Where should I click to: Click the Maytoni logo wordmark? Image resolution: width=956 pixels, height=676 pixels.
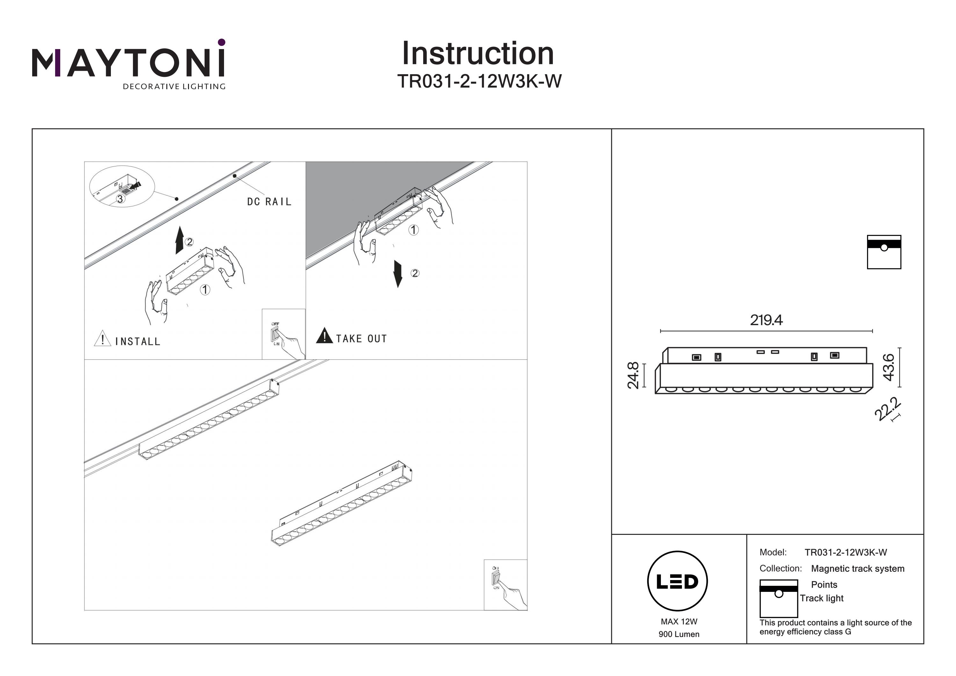coord(128,62)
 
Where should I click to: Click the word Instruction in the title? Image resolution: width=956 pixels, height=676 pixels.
coord(478,54)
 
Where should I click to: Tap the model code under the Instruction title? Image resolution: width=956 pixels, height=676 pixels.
coord(479,82)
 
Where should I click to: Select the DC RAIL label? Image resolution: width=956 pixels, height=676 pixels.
coord(269,202)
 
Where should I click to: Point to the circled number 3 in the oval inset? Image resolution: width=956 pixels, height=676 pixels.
coord(120,199)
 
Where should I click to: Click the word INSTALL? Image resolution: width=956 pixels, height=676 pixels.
coord(137,342)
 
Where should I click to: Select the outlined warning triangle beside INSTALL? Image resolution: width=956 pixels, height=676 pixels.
coord(102,338)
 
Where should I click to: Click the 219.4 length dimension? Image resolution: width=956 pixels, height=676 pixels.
coord(766,320)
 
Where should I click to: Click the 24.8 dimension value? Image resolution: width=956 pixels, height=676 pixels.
coord(633,375)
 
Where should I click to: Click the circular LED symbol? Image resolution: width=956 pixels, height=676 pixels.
coord(677,581)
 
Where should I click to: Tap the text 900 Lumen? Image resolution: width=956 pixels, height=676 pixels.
coord(679,634)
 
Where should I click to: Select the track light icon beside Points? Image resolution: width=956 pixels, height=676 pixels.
coord(778,599)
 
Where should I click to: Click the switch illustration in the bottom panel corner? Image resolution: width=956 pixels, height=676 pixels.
coord(505,585)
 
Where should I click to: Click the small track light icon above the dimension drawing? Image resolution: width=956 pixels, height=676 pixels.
coord(884,252)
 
